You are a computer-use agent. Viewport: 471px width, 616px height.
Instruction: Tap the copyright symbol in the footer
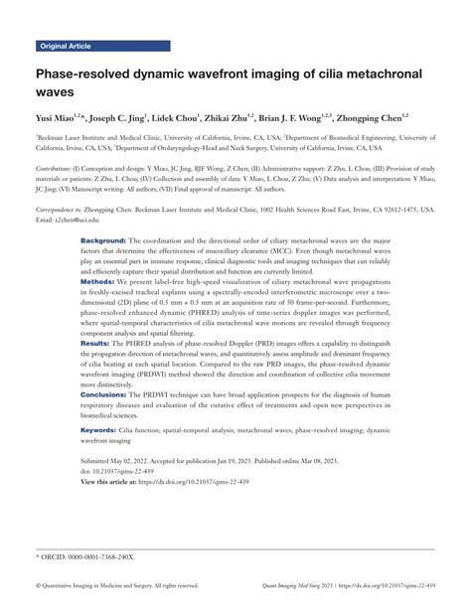pos(38,586)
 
